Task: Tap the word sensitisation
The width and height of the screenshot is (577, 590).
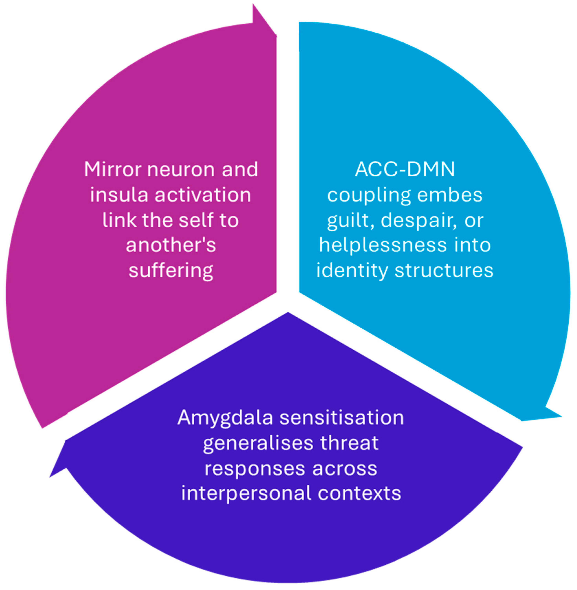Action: (x=342, y=418)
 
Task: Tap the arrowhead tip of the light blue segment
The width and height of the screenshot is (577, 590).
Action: (x=561, y=417)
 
